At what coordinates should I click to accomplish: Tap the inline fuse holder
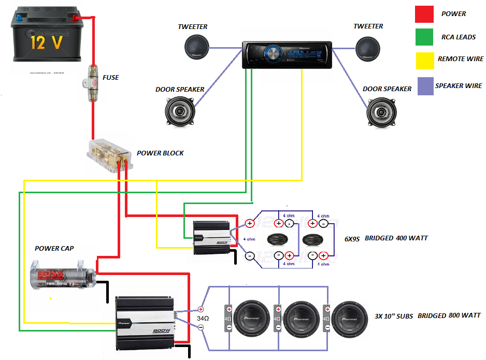(93, 83)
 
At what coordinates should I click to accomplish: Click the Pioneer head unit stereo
(287, 54)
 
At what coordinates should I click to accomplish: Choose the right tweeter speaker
(368, 48)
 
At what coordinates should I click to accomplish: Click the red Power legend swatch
(424, 14)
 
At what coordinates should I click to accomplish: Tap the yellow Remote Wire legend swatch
(424, 61)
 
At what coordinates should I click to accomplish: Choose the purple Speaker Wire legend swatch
(424, 86)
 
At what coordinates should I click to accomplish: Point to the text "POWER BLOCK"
(160, 153)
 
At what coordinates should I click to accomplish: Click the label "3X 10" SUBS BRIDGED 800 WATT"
(427, 315)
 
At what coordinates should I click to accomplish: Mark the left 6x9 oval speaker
(280, 240)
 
